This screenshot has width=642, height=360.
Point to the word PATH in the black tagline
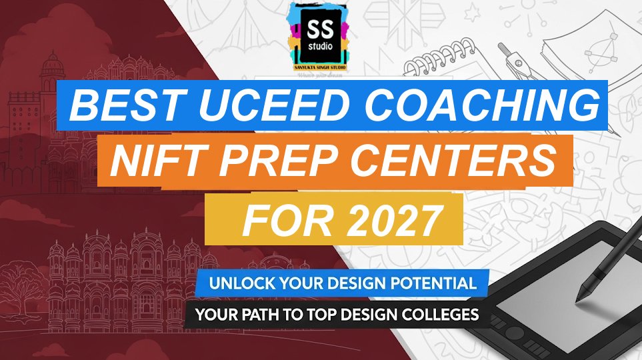(279, 313)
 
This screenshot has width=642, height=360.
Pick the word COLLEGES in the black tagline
(439, 313)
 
